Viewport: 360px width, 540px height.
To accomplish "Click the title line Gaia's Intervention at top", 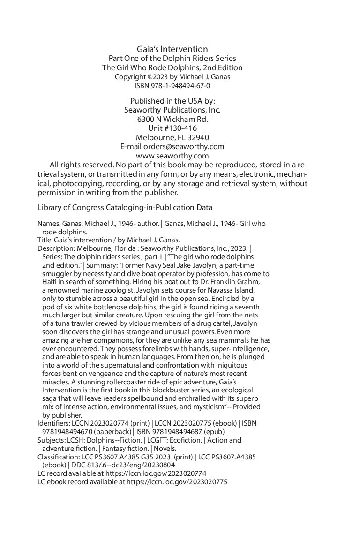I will [x=172, y=49].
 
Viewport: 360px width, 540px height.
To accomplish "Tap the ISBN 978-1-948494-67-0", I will [x=172, y=86].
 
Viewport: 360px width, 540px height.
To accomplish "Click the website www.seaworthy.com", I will [x=172, y=156].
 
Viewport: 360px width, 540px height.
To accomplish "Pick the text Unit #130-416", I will [x=172, y=128].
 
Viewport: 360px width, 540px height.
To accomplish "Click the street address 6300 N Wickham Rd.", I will [x=172, y=119].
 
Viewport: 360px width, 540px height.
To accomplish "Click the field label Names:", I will [x=46, y=224].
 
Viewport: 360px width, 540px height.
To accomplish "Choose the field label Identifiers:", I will [x=53, y=423].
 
